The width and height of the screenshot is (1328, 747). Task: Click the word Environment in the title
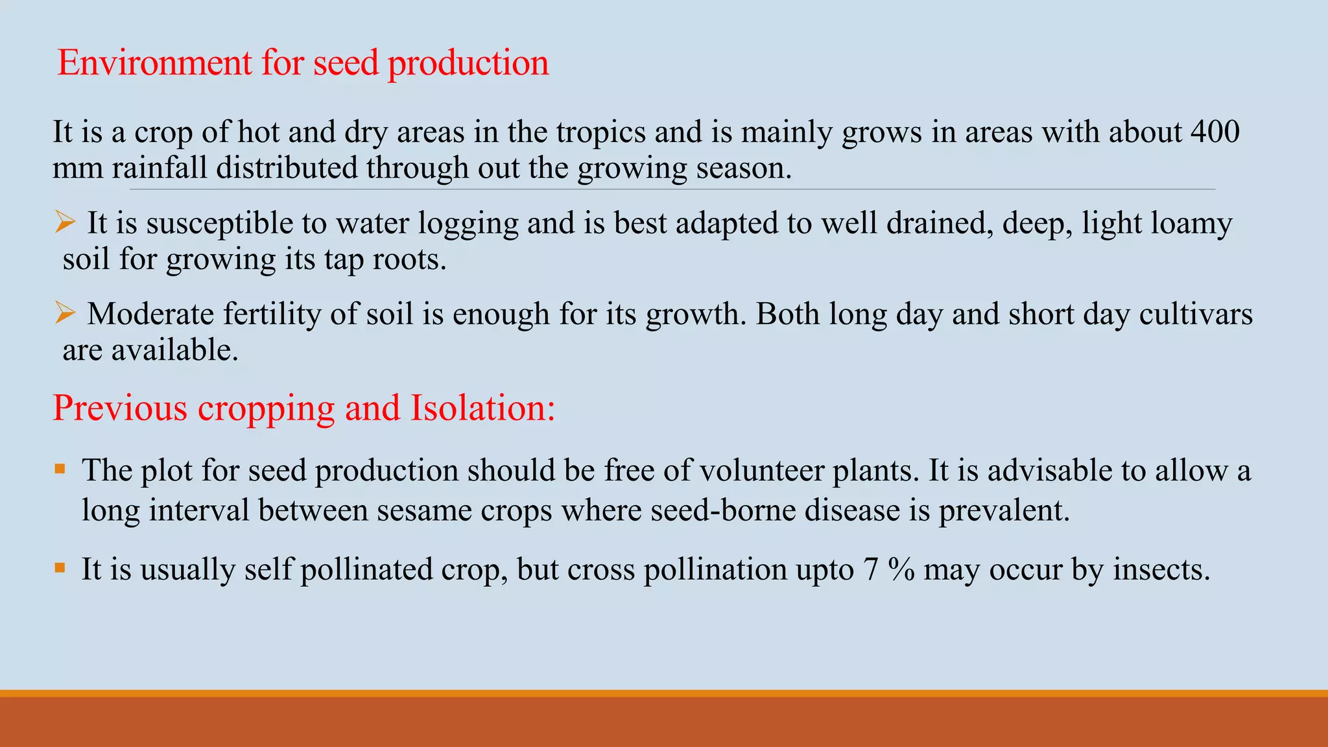pos(154,64)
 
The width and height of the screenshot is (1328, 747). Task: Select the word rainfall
pos(160,169)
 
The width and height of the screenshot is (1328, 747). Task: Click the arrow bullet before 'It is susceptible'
pos(65,222)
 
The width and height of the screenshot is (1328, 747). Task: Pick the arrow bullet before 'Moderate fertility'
pos(65,313)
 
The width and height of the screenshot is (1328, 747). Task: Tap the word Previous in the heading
pos(120,409)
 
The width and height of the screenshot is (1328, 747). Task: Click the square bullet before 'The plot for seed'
pos(60,469)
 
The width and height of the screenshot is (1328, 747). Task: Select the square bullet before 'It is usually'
pos(60,569)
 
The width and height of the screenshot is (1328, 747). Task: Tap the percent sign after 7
pos(901,570)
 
